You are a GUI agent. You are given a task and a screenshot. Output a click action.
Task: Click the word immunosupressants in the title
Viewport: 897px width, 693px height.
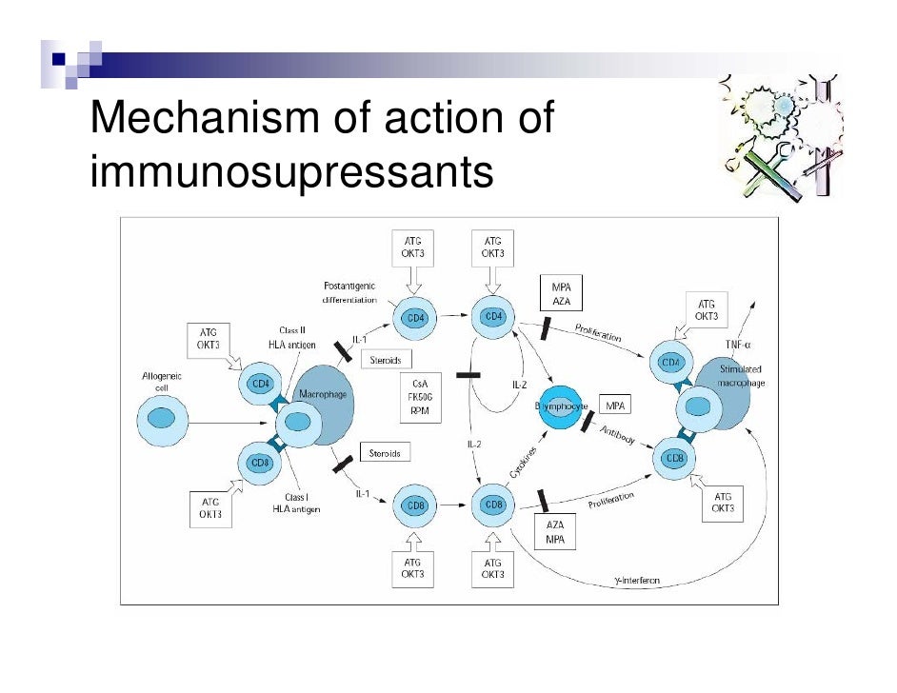[291, 172]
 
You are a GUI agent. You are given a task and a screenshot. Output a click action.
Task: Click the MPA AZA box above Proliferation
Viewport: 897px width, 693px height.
[560, 293]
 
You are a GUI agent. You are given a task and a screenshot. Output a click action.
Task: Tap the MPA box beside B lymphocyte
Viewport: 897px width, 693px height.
[614, 406]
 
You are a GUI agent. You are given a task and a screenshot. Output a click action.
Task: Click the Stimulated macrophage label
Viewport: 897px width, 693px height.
[740, 375]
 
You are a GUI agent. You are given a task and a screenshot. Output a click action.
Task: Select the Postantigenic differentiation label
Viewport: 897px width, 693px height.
[350, 292]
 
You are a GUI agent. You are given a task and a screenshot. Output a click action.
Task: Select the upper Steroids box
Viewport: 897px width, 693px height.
[385, 361]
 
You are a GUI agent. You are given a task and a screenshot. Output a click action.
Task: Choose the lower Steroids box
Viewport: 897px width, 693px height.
[385, 453]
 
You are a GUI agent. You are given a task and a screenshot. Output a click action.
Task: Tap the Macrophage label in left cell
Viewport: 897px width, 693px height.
[322, 392]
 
